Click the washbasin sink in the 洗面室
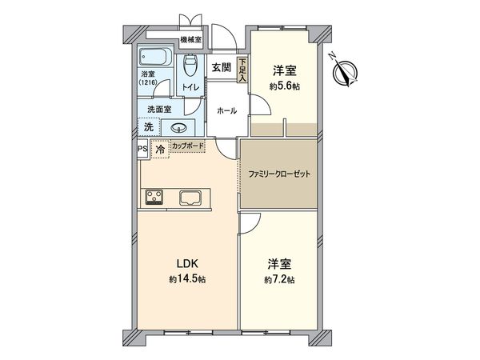pos(178,128)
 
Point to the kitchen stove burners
pos(154,197)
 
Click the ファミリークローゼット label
pos(278,174)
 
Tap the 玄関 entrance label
pos(221,67)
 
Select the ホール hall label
pos(226,110)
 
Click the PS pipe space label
pos(142,149)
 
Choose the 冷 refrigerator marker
pos(159,150)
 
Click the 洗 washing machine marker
pos(148,126)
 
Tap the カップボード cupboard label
pos(187,146)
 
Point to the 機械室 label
pos(190,39)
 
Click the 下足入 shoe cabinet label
pos(242,70)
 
